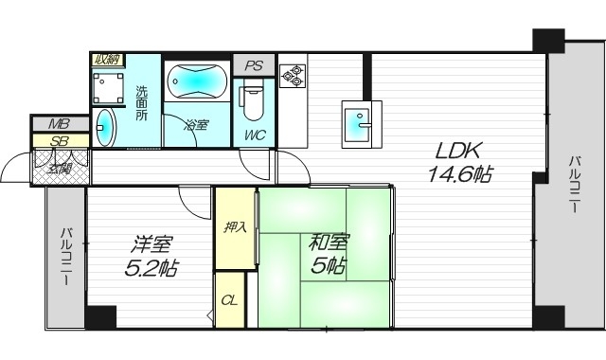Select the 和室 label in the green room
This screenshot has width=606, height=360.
click(328, 242)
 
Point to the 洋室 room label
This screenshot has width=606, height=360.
click(151, 243)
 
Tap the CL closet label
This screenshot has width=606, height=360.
click(229, 300)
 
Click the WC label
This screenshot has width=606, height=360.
click(254, 135)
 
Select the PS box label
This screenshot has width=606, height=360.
click(253, 66)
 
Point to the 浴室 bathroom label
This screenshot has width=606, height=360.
click(197, 124)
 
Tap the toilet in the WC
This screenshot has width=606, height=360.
click(254, 99)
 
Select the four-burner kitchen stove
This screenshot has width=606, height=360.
click(292, 75)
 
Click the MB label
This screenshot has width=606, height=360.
click(59, 124)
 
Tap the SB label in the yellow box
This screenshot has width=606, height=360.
click(59, 141)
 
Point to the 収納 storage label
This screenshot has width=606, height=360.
click(105, 60)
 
